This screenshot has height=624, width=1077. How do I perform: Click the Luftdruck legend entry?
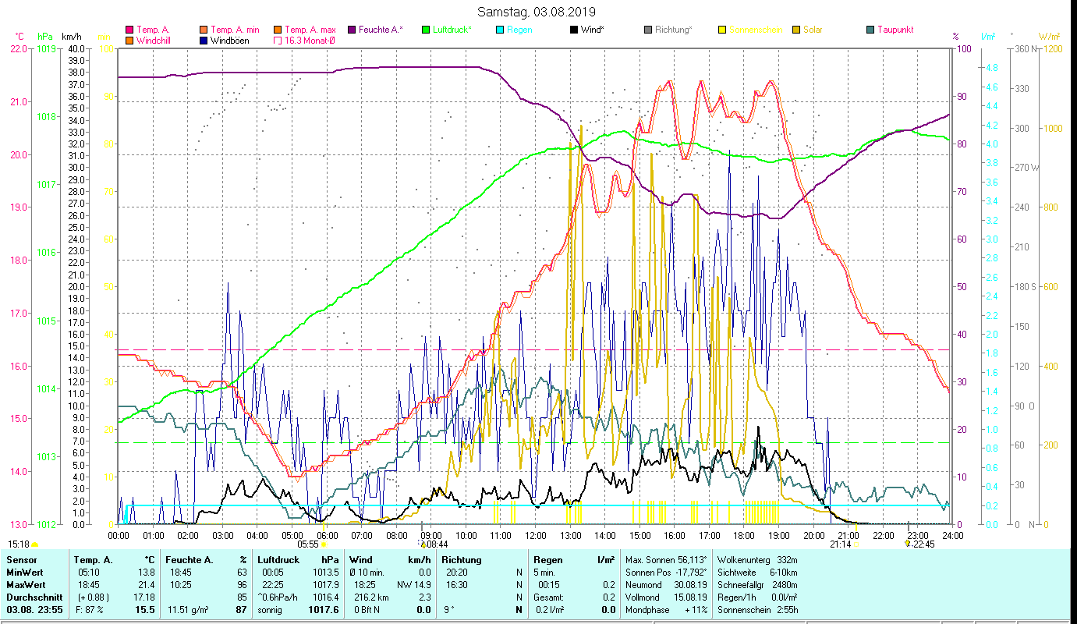[452, 30]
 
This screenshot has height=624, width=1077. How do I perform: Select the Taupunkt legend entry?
[895, 30]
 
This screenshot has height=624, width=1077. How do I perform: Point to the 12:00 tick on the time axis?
[535, 535]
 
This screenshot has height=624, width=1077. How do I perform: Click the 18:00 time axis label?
[744, 535]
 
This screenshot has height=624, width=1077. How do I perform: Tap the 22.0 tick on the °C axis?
[17, 48]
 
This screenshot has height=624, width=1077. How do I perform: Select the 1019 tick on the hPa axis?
[46, 48]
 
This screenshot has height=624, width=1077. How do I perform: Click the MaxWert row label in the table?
[27, 584]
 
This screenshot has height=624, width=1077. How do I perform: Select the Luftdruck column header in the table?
[278, 560]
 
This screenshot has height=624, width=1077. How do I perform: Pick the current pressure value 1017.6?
[324, 609]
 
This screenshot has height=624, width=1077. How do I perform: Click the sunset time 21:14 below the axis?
[840, 544]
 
